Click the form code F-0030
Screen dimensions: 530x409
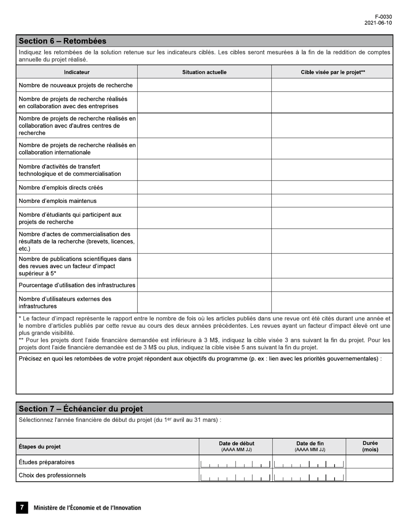[383, 17]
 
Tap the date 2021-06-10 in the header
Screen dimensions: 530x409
[378, 23]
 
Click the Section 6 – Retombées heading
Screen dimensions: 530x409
[62, 41]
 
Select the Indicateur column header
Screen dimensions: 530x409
[77, 72]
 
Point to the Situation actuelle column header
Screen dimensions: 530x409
[204, 72]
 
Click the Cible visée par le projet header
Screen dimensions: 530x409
[332, 72]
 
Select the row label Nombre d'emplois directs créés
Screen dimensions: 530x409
[61, 187]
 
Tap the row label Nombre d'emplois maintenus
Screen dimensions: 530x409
[58, 201]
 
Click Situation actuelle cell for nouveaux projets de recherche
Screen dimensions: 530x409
[204, 85]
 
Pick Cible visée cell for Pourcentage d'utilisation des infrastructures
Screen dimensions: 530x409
[332, 285]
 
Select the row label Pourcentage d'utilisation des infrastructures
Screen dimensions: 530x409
[77, 285]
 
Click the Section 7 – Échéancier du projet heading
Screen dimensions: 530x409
[81, 408]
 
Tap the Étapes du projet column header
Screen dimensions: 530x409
[40, 446]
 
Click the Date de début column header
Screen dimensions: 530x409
[236, 446]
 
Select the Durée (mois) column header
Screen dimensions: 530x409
[370, 446]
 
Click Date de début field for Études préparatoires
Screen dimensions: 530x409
[235, 463]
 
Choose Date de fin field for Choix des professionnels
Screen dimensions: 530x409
[309, 476]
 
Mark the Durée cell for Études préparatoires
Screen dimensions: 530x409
[369, 462]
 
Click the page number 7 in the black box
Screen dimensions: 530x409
[22, 508]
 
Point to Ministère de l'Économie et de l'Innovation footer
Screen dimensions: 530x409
[87, 508]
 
